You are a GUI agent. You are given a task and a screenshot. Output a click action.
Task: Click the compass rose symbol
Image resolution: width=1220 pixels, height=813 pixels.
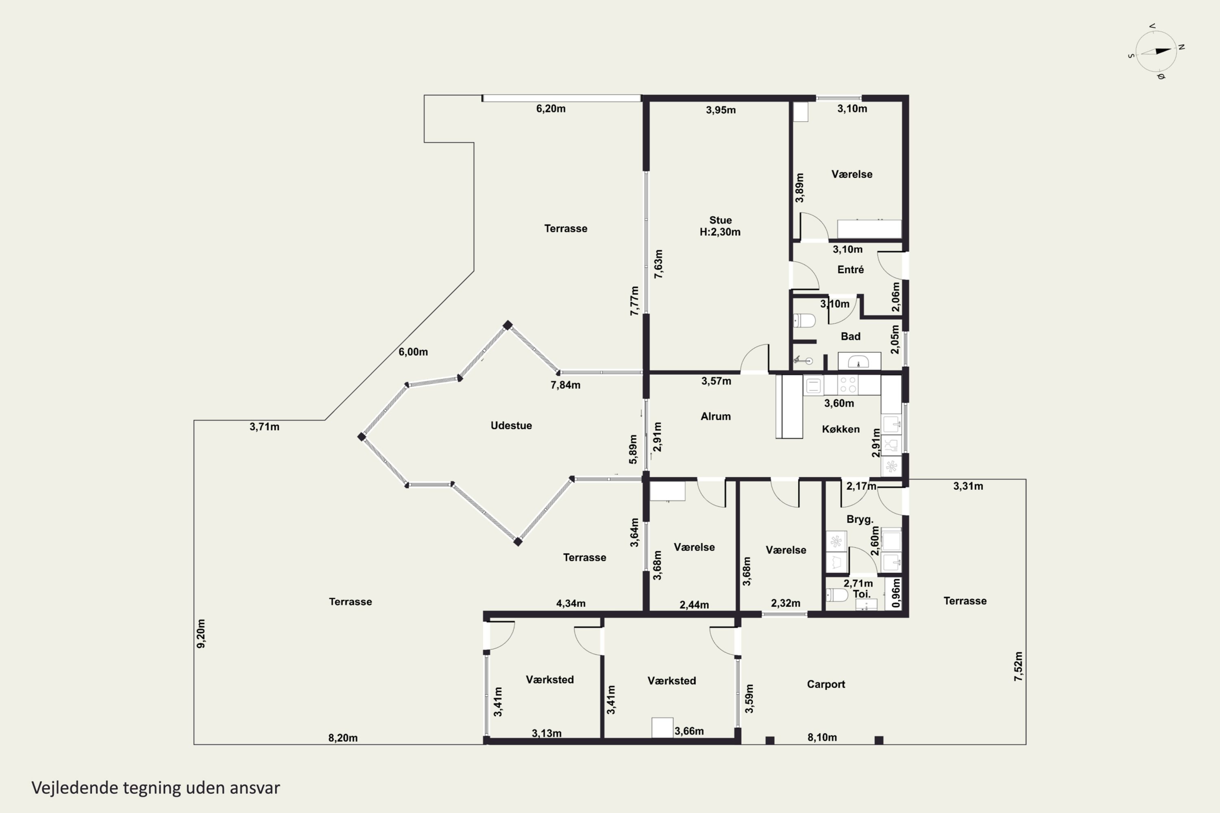[1156, 51]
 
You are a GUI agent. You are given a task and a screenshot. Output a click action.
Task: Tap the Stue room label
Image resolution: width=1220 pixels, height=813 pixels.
[721, 220]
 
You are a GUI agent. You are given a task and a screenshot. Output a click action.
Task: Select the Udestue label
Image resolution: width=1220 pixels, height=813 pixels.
[511, 426]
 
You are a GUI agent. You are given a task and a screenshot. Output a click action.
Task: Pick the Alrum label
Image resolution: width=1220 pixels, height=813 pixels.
[716, 416]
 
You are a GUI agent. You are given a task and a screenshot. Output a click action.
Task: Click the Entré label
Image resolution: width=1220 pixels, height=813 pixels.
[851, 270]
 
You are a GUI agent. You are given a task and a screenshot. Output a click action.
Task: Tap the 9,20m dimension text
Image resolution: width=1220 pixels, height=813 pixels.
[201, 634]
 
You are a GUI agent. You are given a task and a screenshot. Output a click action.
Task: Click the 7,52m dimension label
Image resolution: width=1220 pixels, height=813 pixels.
[1019, 667]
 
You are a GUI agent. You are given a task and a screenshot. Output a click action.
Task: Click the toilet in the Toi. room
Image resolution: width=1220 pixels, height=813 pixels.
[836, 595]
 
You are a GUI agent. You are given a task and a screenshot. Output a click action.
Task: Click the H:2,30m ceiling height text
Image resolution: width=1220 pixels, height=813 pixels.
[720, 232]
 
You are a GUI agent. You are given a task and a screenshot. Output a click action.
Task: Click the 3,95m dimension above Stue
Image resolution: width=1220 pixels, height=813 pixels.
[721, 110]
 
